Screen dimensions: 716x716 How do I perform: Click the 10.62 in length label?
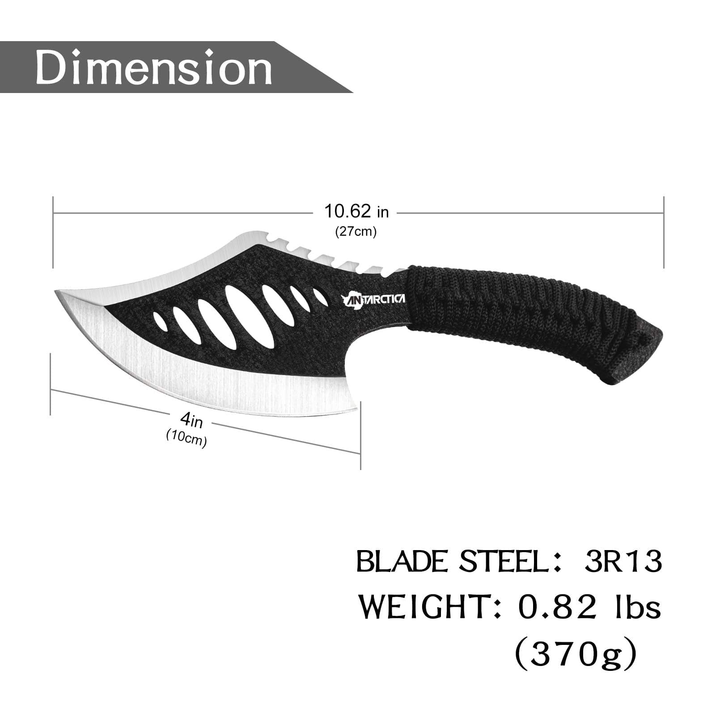[x=356, y=211]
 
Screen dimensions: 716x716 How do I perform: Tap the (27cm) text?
[x=356, y=232]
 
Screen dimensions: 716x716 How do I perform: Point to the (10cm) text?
[x=186, y=438]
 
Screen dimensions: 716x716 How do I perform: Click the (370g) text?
[x=576, y=654]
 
